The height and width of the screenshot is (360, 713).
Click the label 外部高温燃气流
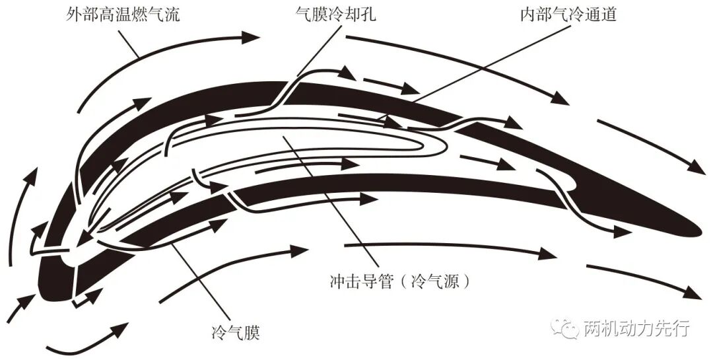[x=123, y=15]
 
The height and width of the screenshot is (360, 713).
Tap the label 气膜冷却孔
[x=336, y=15]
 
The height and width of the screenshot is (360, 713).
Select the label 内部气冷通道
[x=568, y=15]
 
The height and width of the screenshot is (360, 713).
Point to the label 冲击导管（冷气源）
[x=399, y=281]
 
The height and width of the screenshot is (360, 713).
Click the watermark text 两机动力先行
[x=636, y=328]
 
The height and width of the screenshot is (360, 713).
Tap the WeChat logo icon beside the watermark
[x=565, y=328]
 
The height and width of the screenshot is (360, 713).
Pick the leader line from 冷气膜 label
[x=201, y=281]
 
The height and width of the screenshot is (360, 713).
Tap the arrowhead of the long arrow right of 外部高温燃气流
[x=251, y=37]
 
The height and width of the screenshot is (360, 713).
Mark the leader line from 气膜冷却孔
[x=320, y=50]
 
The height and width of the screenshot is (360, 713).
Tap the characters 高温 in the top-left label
[x=106, y=15]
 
